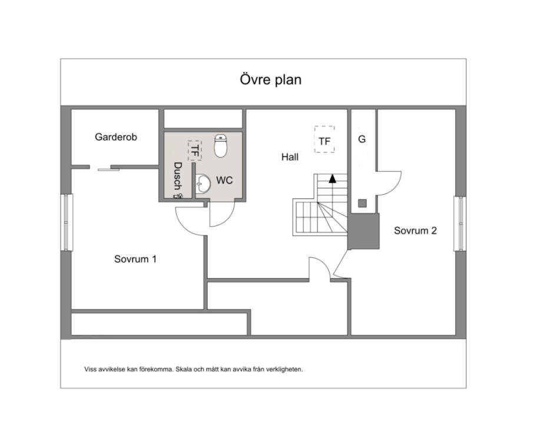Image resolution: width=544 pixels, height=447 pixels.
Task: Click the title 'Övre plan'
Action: pyautogui.click(x=271, y=79)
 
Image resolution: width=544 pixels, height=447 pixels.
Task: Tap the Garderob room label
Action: pyautogui.click(x=116, y=137)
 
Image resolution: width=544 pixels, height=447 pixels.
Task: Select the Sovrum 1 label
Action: pyautogui.click(x=135, y=259)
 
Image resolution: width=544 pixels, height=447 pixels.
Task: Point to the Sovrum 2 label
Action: pyautogui.click(x=415, y=231)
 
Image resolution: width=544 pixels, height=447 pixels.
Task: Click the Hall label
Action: pyautogui.click(x=290, y=157)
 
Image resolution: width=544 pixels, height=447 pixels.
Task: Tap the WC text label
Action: pyautogui.click(x=224, y=180)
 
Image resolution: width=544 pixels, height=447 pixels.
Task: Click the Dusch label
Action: pyautogui.click(x=177, y=176)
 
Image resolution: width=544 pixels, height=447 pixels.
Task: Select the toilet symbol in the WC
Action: pyautogui.click(x=221, y=146)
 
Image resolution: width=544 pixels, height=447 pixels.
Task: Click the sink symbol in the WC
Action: pyautogui.click(x=203, y=184)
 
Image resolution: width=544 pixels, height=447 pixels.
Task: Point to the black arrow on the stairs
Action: pyautogui.click(x=333, y=178)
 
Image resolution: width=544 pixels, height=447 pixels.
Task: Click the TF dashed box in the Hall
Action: pyautogui.click(x=325, y=139)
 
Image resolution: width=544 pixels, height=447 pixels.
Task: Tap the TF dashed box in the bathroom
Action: pyautogui.click(x=195, y=151)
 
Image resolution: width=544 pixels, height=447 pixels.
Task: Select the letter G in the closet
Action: pyautogui.click(x=362, y=139)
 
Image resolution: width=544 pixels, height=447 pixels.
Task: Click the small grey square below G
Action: pyautogui.click(x=362, y=204)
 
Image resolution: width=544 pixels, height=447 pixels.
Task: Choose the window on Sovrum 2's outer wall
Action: pyautogui.click(x=459, y=223)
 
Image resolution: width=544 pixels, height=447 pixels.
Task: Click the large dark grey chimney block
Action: pyautogui.click(x=363, y=231)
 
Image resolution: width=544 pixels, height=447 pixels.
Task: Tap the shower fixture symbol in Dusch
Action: pyautogui.click(x=178, y=196)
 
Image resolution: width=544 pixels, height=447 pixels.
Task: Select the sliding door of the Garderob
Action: pyautogui.click(x=108, y=169)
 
